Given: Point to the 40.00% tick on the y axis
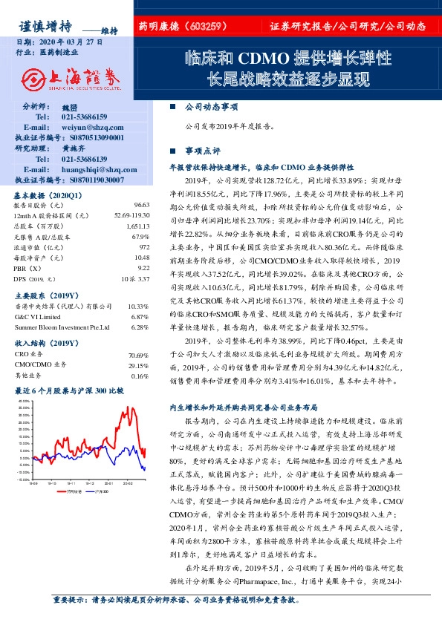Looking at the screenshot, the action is point(24,402).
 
